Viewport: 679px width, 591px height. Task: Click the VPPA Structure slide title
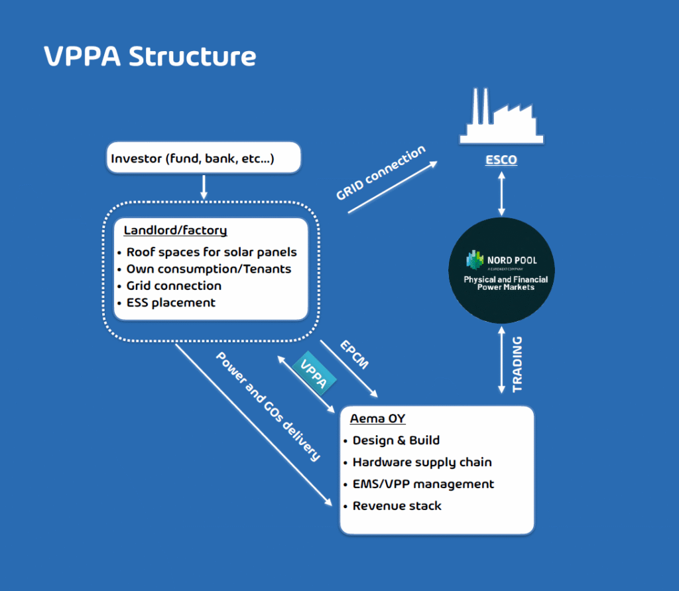click(150, 56)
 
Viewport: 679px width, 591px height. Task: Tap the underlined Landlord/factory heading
click(175, 231)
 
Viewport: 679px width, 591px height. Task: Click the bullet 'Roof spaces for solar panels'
click(212, 252)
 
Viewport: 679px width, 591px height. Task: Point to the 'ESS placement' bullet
click(171, 302)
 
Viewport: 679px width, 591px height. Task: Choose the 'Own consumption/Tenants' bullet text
click(209, 269)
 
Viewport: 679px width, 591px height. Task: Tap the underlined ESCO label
click(501, 160)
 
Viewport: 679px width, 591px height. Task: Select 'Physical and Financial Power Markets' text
click(505, 283)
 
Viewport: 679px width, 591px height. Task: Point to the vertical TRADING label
click(517, 364)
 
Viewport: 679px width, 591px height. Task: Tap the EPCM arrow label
click(354, 355)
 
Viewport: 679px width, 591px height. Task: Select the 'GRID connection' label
click(381, 174)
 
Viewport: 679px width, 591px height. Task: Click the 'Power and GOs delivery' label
click(269, 406)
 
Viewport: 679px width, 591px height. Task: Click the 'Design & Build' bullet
click(396, 440)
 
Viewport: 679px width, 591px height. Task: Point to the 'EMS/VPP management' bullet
click(423, 484)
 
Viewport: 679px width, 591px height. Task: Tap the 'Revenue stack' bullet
click(397, 505)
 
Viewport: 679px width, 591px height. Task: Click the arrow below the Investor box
click(204, 186)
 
